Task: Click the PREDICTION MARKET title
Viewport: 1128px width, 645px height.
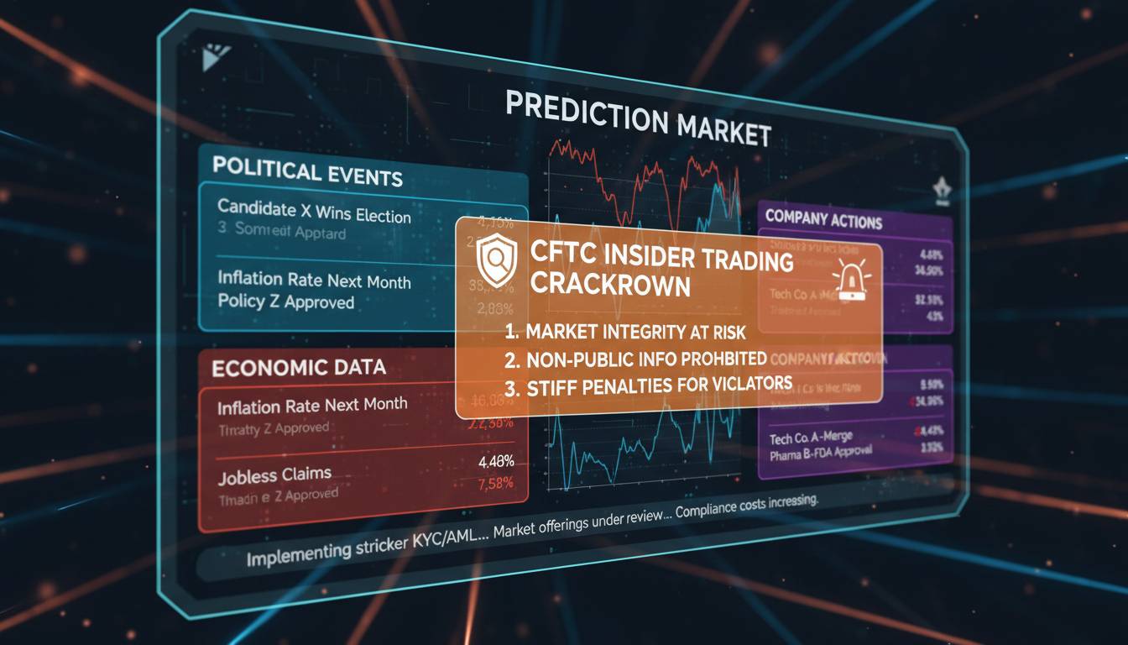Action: tap(638, 119)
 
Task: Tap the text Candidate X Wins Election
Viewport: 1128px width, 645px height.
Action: tap(314, 211)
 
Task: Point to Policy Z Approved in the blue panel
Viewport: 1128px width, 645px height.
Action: tap(285, 302)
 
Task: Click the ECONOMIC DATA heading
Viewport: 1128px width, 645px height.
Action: tap(299, 367)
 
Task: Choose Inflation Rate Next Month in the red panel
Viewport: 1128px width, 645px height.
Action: tap(312, 406)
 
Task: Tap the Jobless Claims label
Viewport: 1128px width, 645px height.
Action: tap(274, 476)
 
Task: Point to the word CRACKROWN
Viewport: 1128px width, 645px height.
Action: tap(610, 285)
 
